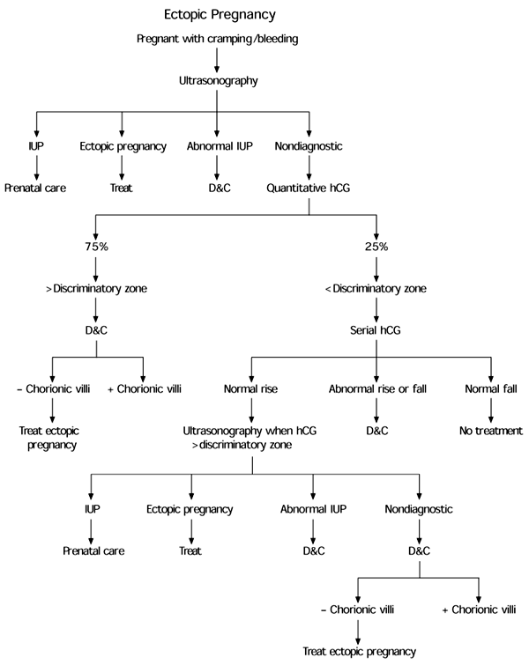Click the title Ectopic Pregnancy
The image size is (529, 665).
[x=217, y=15]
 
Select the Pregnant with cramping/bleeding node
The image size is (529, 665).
[x=217, y=40]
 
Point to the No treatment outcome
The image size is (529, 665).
[x=490, y=432]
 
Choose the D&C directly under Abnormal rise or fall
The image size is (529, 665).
[x=377, y=432]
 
